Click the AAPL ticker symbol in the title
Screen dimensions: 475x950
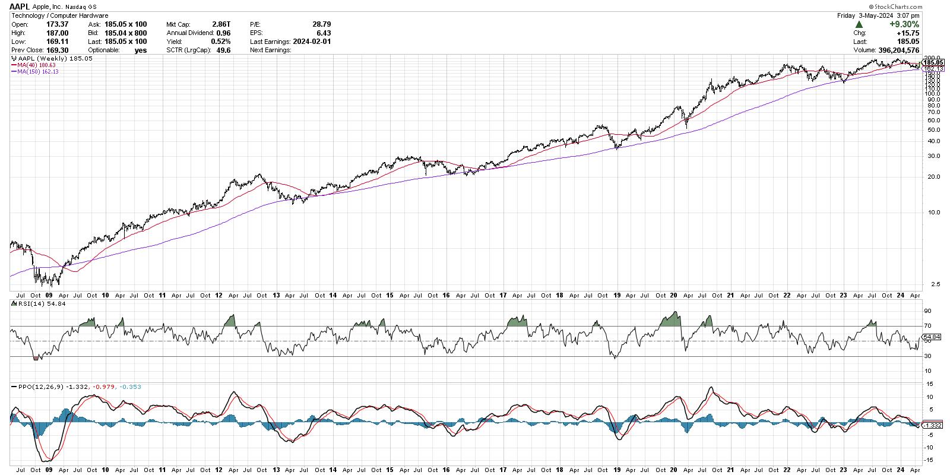[19, 6]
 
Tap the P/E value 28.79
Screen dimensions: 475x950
[321, 25]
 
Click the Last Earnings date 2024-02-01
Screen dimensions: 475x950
[311, 42]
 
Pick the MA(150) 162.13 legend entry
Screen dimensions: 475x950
[38, 71]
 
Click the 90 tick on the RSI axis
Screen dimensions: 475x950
[926, 311]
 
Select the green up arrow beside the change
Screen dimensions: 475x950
[859, 24]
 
